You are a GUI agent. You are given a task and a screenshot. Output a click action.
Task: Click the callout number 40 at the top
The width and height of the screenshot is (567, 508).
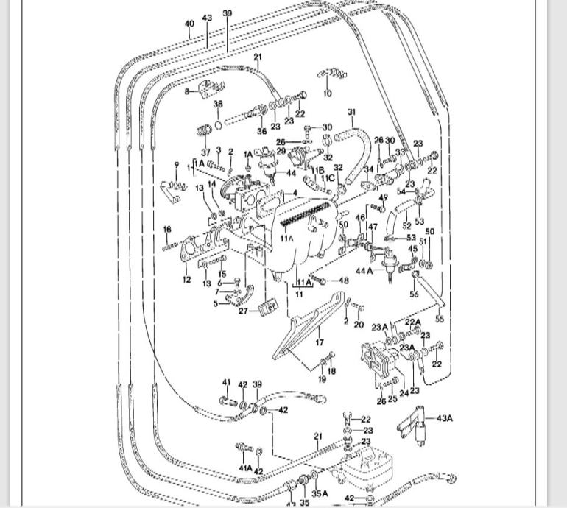[x=189, y=24]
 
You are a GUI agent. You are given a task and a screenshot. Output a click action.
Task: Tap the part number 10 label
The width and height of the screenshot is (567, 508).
[x=328, y=94]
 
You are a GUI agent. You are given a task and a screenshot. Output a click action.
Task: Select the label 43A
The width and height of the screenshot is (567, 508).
[x=445, y=418]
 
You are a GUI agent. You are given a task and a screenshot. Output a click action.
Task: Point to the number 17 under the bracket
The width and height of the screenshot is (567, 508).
[x=320, y=342]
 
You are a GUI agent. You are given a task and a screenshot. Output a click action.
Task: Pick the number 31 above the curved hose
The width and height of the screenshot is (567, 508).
[x=352, y=113]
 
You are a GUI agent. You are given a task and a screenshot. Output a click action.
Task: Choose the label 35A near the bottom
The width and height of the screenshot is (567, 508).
[x=319, y=494]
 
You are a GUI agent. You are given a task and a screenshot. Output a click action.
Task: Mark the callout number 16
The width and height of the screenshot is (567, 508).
[x=167, y=230]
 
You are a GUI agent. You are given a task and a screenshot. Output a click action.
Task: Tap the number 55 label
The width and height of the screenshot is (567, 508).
[x=440, y=320]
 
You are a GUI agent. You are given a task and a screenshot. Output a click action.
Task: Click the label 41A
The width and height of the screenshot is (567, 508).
[x=245, y=468]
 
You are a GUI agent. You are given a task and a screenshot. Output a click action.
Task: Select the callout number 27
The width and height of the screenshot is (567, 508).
[x=243, y=311]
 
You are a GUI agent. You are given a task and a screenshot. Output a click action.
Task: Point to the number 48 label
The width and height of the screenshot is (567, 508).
[x=344, y=281]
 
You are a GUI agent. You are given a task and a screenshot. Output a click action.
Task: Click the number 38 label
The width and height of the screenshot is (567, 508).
[x=218, y=105]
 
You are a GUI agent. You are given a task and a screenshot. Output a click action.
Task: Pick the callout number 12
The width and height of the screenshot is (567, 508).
[x=186, y=280]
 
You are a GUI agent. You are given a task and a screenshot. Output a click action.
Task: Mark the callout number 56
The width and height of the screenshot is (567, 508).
[x=414, y=294]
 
